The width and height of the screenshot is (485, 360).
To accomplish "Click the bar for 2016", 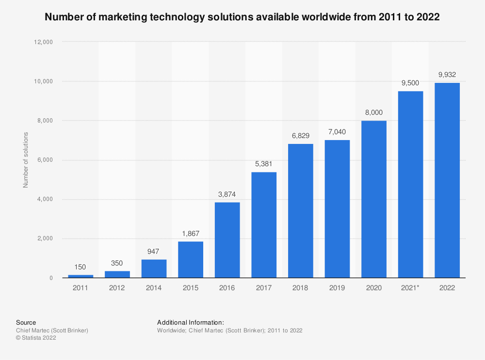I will click(227, 240).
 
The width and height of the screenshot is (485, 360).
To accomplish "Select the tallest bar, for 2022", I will click(447, 180).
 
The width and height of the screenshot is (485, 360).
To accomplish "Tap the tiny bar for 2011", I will click(81, 276).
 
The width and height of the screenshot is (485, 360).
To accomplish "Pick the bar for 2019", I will click(337, 209).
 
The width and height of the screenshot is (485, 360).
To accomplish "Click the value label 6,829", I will click(300, 136).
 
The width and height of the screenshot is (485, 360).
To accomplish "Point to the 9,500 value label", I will click(410, 83).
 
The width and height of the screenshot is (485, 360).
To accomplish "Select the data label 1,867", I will click(191, 233).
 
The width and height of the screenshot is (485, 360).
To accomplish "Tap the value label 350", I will click(117, 263).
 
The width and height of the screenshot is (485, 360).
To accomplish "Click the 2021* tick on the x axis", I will click(410, 287).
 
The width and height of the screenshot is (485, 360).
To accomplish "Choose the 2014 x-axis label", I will click(154, 287).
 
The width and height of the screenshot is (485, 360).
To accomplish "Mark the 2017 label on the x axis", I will click(264, 287).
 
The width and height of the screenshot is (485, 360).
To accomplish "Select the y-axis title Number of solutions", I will click(26, 160).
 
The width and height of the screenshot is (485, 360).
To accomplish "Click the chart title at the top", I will click(242, 17).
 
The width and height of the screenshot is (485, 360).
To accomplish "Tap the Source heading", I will click(26, 322).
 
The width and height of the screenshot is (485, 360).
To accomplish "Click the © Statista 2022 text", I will click(36, 338).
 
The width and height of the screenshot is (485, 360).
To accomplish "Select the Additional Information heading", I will click(190, 322).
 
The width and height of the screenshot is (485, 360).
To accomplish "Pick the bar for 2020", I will click(374, 199).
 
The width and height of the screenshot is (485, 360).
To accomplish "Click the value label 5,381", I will click(264, 164).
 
